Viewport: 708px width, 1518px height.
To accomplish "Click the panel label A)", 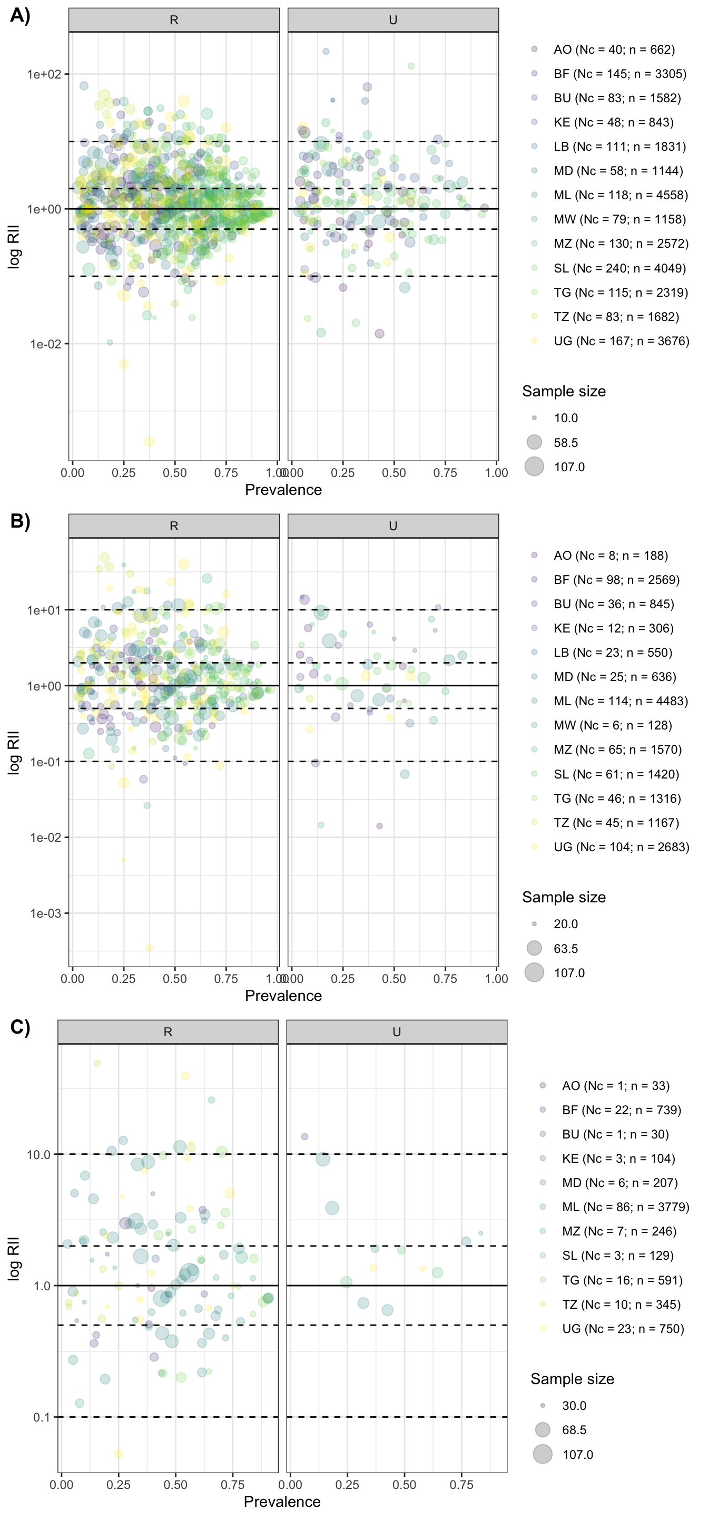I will click(x=20, y=15).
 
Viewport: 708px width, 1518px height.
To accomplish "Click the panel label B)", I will click(x=20, y=521).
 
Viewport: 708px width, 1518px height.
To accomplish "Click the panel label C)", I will click(x=20, y=1027).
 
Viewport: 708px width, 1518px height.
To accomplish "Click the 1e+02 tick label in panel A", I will click(x=44, y=74).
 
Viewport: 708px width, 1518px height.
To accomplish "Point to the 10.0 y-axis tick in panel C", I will click(x=39, y=1154).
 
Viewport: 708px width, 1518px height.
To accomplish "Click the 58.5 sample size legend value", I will click(x=565, y=443).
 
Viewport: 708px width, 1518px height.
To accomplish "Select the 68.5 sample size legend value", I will click(x=574, y=1429).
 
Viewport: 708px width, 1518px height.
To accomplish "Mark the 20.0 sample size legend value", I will click(x=565, y=924).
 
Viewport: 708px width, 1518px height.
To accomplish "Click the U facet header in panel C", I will click(x=397, y=1032).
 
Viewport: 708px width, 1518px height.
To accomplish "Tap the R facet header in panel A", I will click(x=174, y=20).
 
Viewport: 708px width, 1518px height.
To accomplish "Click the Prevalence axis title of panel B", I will click(x=283, y=995).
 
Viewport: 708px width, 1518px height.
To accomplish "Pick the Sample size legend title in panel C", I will click(x=572, y=1379).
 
